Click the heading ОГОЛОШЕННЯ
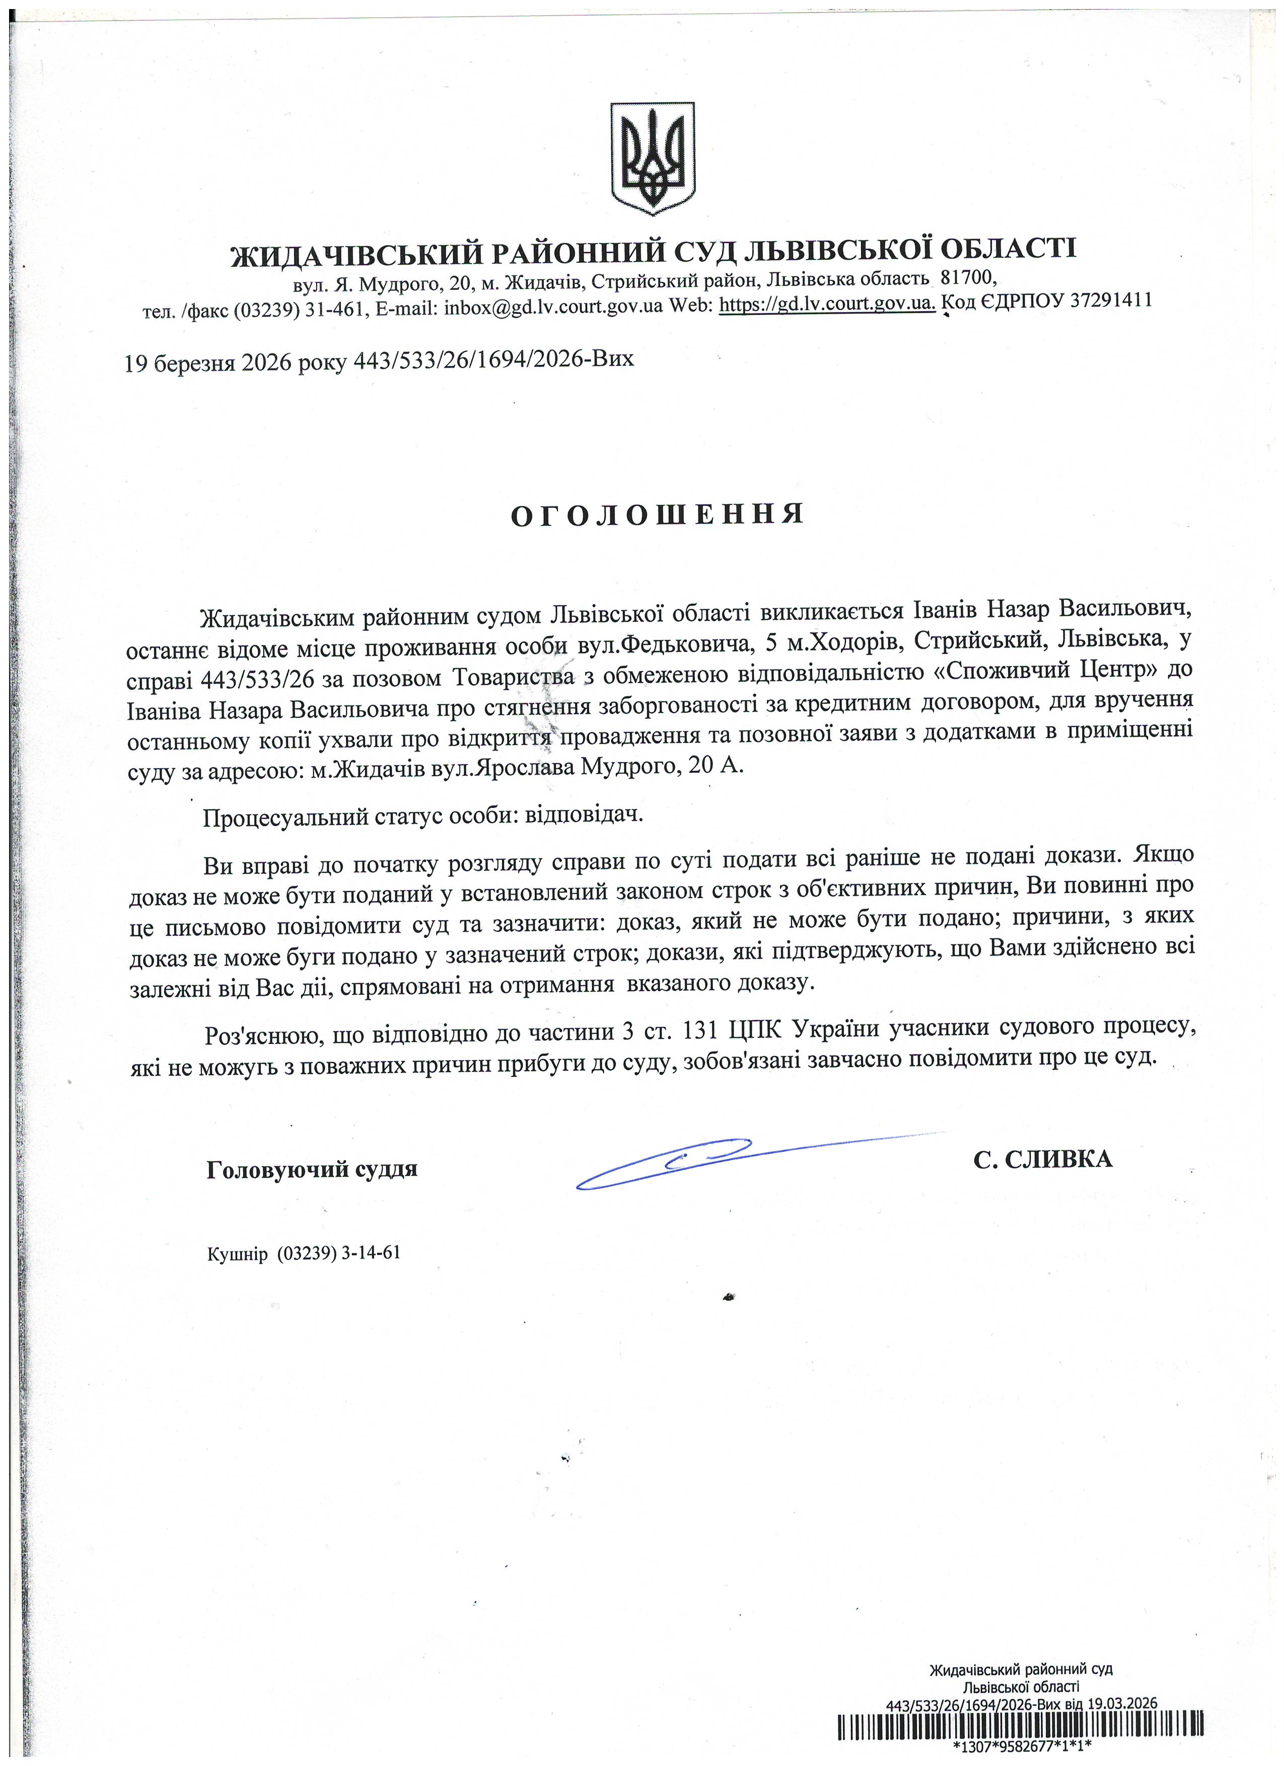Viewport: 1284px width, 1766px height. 657,514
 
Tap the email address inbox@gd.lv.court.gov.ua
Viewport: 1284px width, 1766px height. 553,306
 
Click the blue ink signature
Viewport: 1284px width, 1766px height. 701,1162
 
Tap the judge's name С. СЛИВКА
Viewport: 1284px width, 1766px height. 1043,1159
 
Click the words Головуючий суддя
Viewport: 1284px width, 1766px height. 312,1169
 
